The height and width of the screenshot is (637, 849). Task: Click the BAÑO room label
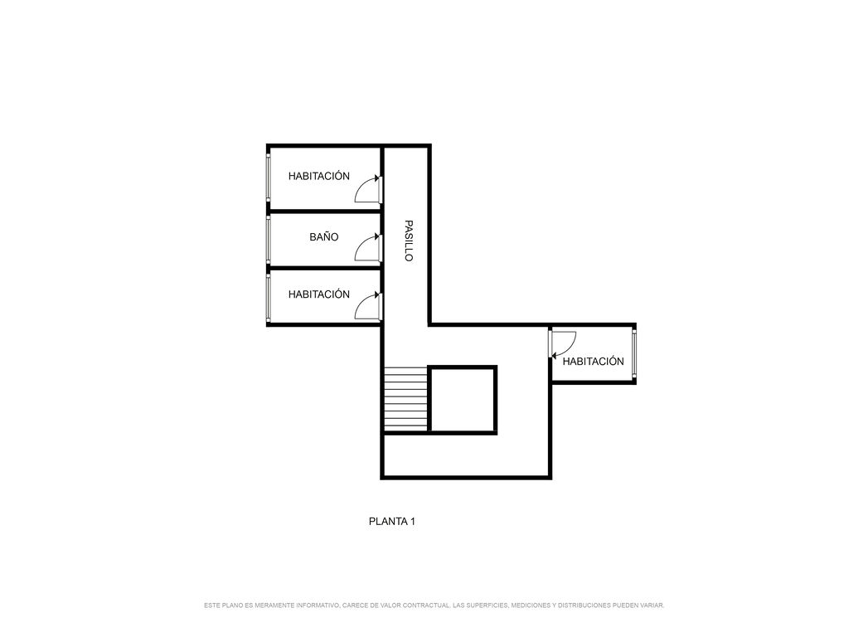(324, 236)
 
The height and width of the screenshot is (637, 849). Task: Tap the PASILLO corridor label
(410, 241)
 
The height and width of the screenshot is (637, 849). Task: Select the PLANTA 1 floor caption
(392, 522)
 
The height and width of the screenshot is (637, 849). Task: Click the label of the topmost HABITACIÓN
(319, 176)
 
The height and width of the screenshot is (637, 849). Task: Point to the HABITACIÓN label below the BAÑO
(319, 294)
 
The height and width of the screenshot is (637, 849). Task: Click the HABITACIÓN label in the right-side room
(594, 362)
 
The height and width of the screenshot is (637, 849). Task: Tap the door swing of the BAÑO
(368, 248)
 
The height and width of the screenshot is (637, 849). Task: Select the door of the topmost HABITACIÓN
(368, 189)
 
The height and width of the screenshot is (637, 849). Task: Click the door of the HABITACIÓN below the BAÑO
(368, 307)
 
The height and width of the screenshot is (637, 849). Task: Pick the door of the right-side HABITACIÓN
(563, 344)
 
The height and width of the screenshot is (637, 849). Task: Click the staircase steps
(406, 399)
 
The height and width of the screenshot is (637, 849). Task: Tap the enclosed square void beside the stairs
(463, 400)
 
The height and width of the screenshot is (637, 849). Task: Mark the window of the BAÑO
(268, 240)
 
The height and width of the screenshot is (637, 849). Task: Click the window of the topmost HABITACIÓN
(268, 177)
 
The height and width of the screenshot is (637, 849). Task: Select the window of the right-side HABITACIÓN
(634, 354)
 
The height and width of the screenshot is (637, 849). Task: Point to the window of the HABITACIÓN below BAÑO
(268, 298)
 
